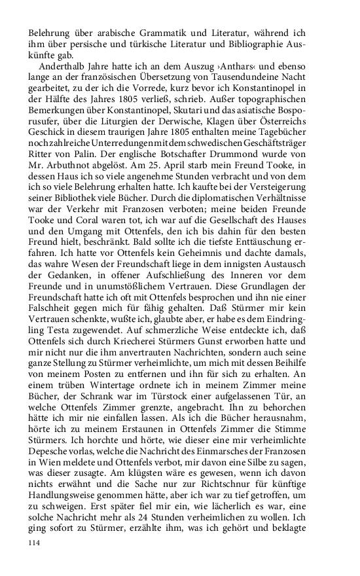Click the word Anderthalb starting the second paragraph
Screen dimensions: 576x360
click(64, 66)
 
